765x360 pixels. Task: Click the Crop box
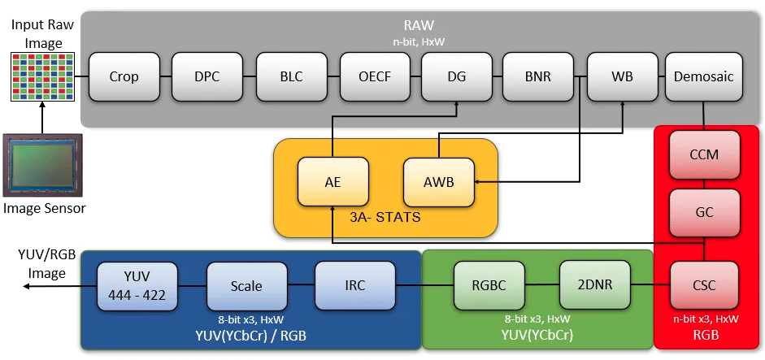click(x=124, y=76)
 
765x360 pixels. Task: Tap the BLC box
click(x=292, y=76)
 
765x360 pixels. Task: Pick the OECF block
click(x=375, y=76)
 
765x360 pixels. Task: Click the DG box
click(x=457, y=76)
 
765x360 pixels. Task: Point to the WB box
click(x=623, y=76)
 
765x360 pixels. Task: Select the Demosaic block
click(x=703, y=76)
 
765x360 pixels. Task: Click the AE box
click(x=333, y=182)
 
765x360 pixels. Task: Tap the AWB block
click(x=439, y=182)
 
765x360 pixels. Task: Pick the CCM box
click(x=704, y=154)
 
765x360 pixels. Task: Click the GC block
click(x=704, y=213)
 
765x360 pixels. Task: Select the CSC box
click(x=704, y=285)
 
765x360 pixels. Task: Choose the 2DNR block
click(x=595, y=284)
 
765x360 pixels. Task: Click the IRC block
click(x=355, y=285)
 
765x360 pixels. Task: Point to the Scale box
click(x=247, y=286)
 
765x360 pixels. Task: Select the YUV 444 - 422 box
click(x=137, y=286)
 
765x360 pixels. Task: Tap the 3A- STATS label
click(x=385, y=217)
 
